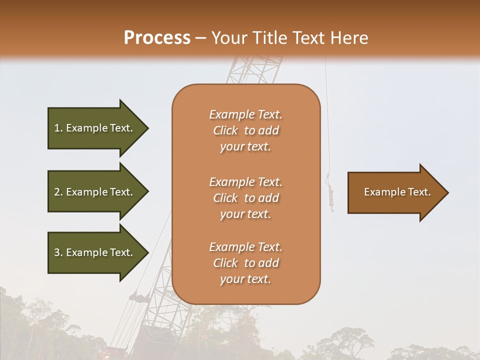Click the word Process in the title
(x=157, y=38)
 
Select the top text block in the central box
(x=245, y=130)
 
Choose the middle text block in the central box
(x=245, y=197)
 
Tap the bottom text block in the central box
(x=245, y=263)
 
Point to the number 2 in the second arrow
(x=57, y=192)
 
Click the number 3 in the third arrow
(x=57, y=252)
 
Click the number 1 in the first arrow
(x=57, y=128)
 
